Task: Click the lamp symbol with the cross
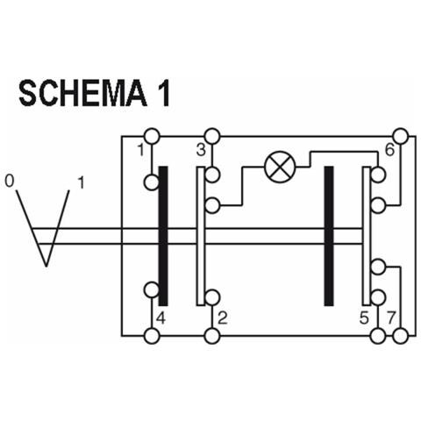coord(280,167)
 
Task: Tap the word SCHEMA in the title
coord(82,94)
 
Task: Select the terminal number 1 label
coord(141,150)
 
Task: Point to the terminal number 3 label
coord(201,150)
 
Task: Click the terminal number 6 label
coord(389,150)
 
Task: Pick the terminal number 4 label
coord(161,318)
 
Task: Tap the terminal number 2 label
coord(223,318)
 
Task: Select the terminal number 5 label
coord(364,318)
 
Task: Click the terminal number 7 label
coord(391,318)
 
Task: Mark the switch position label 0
coord(10,182)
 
